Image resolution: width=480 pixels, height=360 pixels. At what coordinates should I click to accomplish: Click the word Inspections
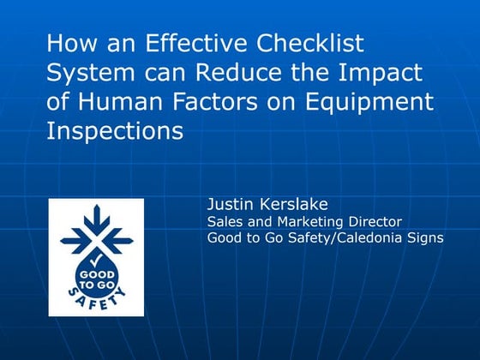coord(115,132)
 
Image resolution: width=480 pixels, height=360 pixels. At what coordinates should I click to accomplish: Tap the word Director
coord(359,221)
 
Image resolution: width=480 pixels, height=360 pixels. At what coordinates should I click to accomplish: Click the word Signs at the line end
coord(426,237)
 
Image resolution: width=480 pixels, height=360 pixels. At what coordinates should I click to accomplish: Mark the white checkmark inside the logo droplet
coord(96,255)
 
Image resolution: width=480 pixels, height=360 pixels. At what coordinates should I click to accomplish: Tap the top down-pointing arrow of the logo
coord(96,216)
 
